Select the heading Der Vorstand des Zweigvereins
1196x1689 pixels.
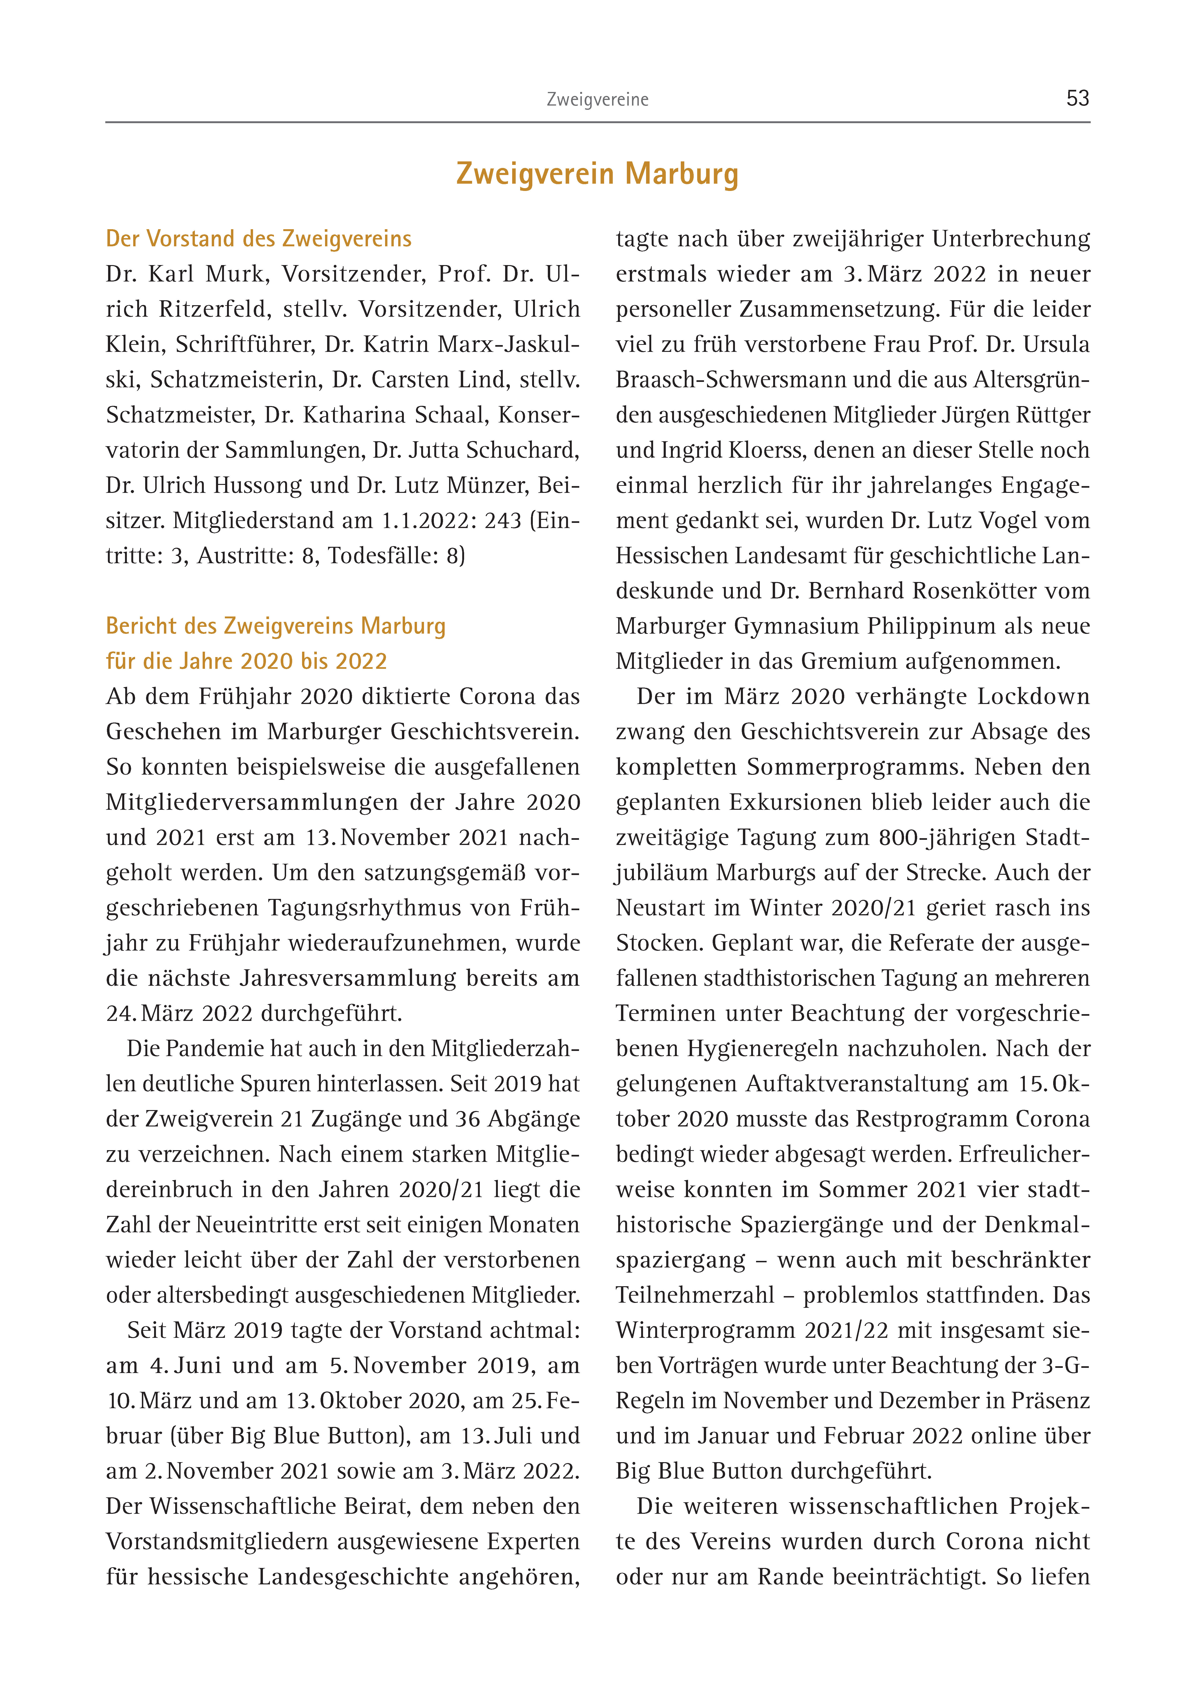pos(258,239)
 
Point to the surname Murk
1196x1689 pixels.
pos(238,274)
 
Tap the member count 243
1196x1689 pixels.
pos(503,521)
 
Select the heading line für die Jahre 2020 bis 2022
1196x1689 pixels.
pos(246,662)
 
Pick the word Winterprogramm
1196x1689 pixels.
pos(705,1331)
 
